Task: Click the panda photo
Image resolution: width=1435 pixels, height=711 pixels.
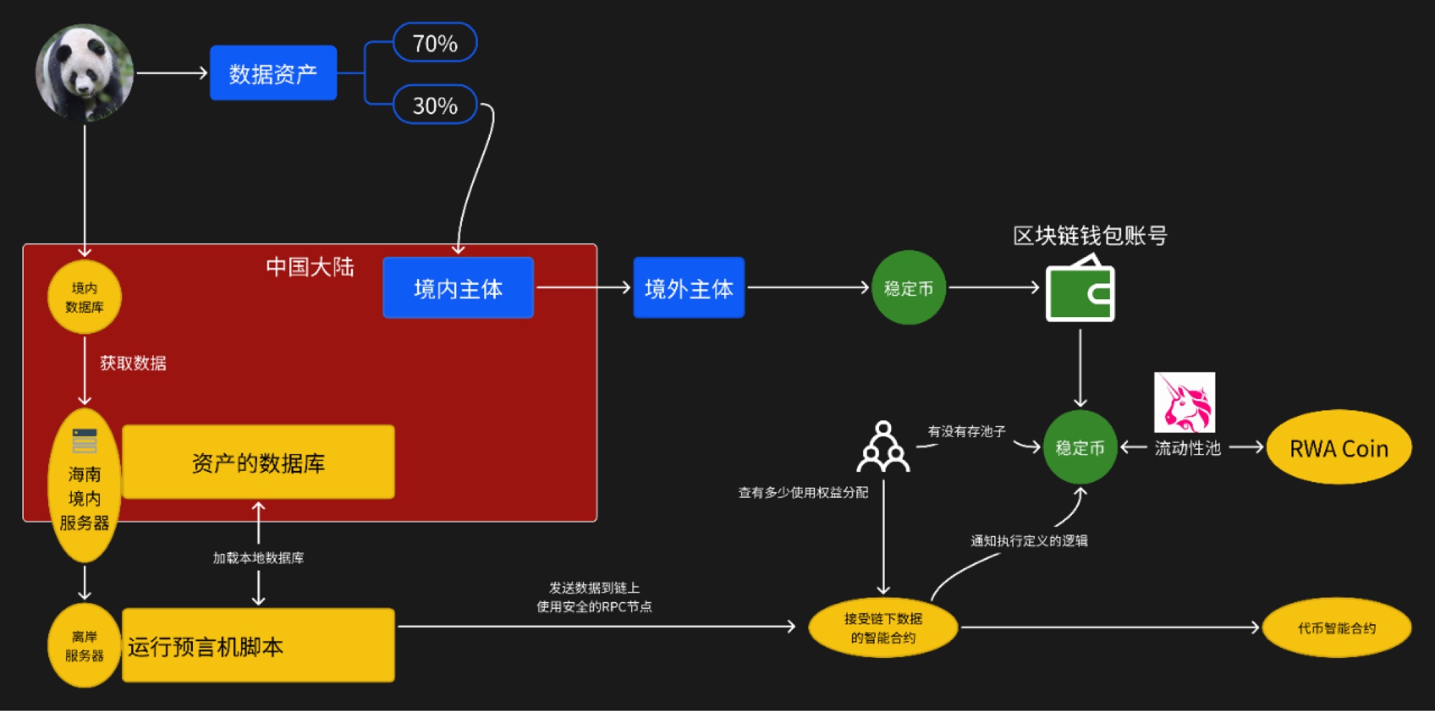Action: click(85, 72)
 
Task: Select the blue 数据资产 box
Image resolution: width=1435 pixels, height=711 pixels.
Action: click(273, 73)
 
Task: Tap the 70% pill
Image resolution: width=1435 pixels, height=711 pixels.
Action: click(435, 43)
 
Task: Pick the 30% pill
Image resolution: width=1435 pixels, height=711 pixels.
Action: click(435, 105)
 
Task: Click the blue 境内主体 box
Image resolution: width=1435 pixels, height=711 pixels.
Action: click(458, 288)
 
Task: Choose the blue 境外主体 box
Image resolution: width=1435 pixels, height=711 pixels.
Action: click(689, 288)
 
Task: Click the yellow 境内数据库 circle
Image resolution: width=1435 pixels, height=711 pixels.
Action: click(84, 297)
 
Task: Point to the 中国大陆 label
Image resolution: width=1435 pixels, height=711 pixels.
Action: click(310, 267)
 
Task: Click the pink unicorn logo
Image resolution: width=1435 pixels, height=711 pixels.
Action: click(1184, 402)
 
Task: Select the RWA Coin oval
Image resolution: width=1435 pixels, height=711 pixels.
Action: click(1339, 448)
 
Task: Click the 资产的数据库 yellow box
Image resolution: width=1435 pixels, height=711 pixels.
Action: click(258, 463)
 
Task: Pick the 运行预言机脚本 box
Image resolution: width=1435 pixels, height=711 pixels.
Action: click(258, 646)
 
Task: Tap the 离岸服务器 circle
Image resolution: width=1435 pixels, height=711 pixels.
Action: click(84, 646)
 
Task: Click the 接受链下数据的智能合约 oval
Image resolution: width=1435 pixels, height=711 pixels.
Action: click(883, 628)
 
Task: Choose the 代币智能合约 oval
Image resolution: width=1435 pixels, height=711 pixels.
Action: click(1337, 628)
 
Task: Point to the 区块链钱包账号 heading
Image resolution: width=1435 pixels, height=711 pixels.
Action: click(1090, 235)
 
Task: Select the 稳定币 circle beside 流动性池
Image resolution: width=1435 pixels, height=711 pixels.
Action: click(1080, 448)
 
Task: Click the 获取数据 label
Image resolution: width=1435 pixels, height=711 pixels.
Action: click(133, 363)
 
